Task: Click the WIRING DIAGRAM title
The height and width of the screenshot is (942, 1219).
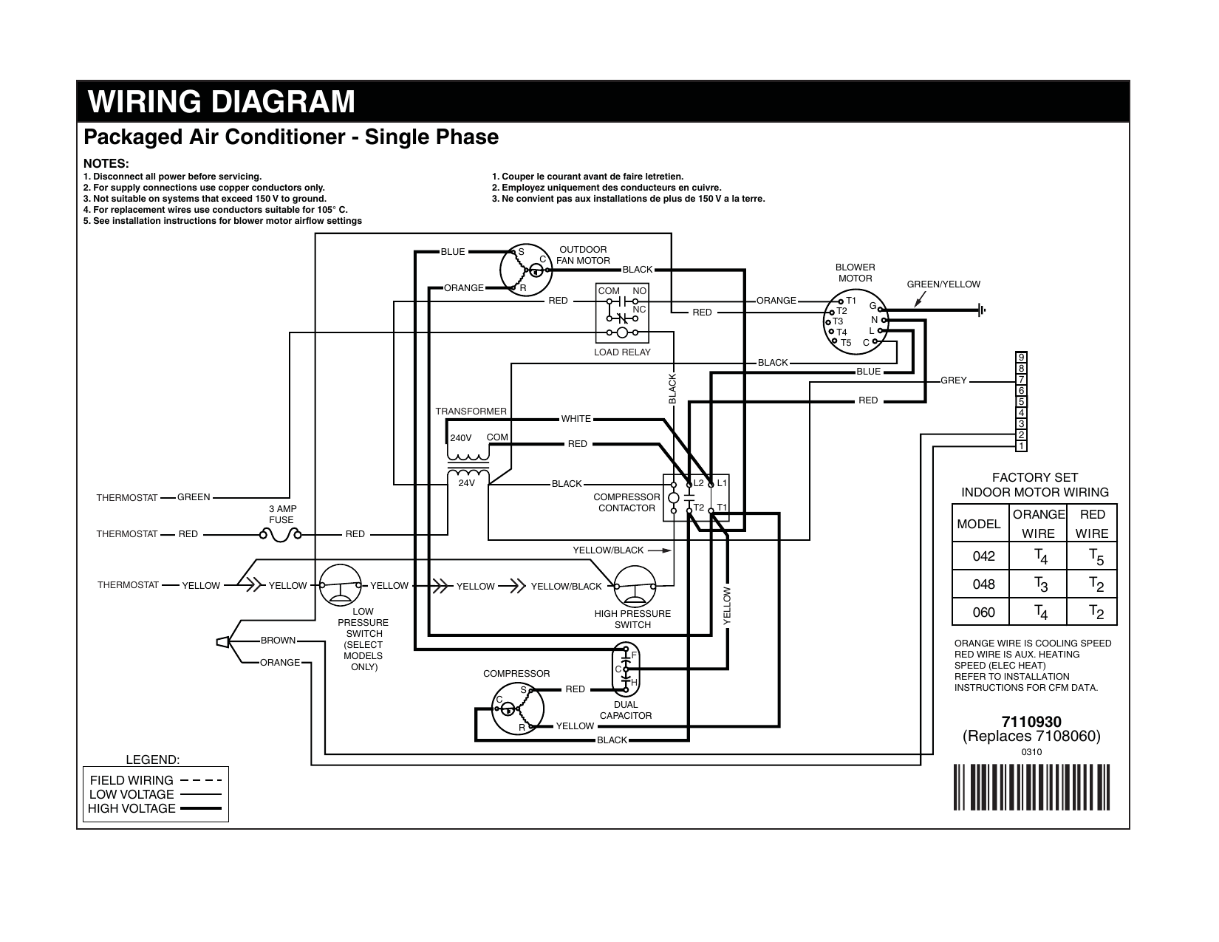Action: coord(221,101)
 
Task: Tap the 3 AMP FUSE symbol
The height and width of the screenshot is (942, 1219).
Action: coord(281,535)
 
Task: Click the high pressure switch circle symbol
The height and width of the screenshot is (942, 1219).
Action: coord(635,587)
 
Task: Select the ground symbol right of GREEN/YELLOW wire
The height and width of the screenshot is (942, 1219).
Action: coord(981,310)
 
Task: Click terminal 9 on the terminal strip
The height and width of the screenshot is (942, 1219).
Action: coord(1021,358)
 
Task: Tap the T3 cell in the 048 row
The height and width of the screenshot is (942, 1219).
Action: coord(1038,584)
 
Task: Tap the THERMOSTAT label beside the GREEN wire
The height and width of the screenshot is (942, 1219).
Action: coord(127,498)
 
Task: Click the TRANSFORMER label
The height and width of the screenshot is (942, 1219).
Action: coord(471,412)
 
